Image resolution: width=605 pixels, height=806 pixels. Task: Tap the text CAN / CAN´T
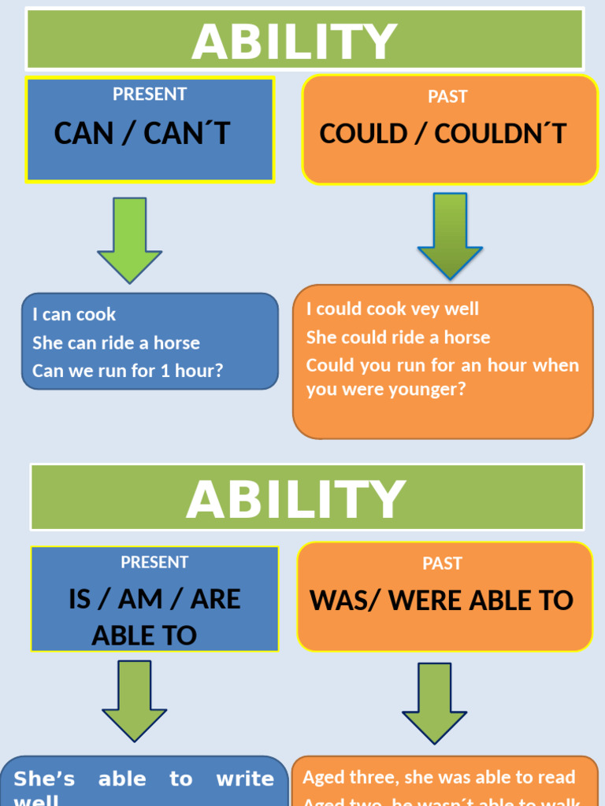142,134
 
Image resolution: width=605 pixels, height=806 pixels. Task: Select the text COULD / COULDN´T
443,134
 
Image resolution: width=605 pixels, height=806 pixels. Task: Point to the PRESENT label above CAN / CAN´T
150,94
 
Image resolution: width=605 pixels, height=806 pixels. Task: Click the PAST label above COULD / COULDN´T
447,97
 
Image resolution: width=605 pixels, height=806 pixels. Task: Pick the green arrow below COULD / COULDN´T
450,235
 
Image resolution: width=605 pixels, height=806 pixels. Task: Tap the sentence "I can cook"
74,315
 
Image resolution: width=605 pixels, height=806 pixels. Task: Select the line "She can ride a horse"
116,343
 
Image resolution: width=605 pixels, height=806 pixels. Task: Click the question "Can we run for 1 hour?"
128,371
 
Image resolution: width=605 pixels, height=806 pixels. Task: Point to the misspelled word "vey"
425,309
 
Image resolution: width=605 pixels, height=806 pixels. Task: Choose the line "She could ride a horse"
398,338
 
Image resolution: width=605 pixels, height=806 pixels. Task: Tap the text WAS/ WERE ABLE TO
442,601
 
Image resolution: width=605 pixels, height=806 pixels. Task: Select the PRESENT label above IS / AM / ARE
154,563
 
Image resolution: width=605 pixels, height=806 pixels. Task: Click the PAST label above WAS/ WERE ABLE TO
442,564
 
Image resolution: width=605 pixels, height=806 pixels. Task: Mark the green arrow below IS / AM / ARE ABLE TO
134,700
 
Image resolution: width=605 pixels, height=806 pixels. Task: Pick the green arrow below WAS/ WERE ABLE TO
434,702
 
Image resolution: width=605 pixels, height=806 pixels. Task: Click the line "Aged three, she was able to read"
439,778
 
